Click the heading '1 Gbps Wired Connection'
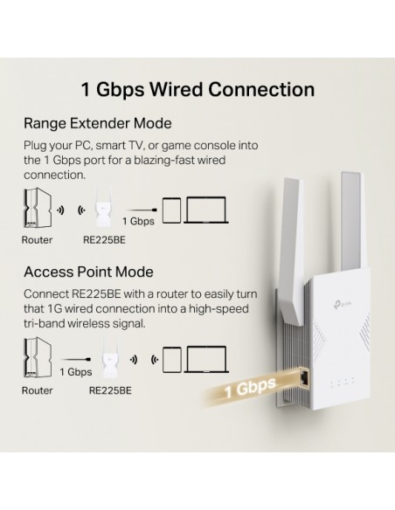[197, 89]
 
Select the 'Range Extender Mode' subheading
[98, 124]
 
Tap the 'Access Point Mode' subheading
[88, 272]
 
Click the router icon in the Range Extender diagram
[38, 208]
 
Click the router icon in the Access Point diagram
[38, 357]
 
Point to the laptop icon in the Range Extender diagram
[206, 210]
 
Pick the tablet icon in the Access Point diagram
[172, 360]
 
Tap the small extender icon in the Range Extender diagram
[104, 208]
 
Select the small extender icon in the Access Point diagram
[110, 357]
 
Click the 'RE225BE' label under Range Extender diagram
[104, 240]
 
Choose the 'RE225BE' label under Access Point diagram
[110, 390]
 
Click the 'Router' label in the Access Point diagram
[37, 390]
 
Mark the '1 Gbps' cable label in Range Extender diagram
[138, 221]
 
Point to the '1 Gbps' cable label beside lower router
[76, 372]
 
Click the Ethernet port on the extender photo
[305, 378]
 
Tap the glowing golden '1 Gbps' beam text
[250, 388]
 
